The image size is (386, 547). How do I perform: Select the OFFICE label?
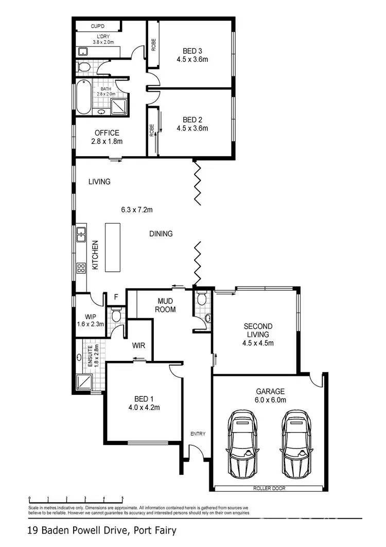pos(107,133)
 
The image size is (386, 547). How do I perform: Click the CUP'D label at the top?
pos(98,26)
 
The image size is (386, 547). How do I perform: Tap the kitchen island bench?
pos(113,247)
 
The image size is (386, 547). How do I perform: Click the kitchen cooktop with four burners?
pos(81,268)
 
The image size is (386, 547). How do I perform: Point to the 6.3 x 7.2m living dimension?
pos(135,210)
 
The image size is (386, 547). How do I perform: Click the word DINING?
pos(161,234)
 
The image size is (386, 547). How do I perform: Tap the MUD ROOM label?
pos(166,305)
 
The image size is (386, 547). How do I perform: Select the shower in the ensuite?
pos(83,382)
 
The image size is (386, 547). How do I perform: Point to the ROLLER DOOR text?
pos(269,488)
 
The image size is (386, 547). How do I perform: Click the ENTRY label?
pos(198,434)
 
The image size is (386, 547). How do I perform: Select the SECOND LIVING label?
pos(258,330)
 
